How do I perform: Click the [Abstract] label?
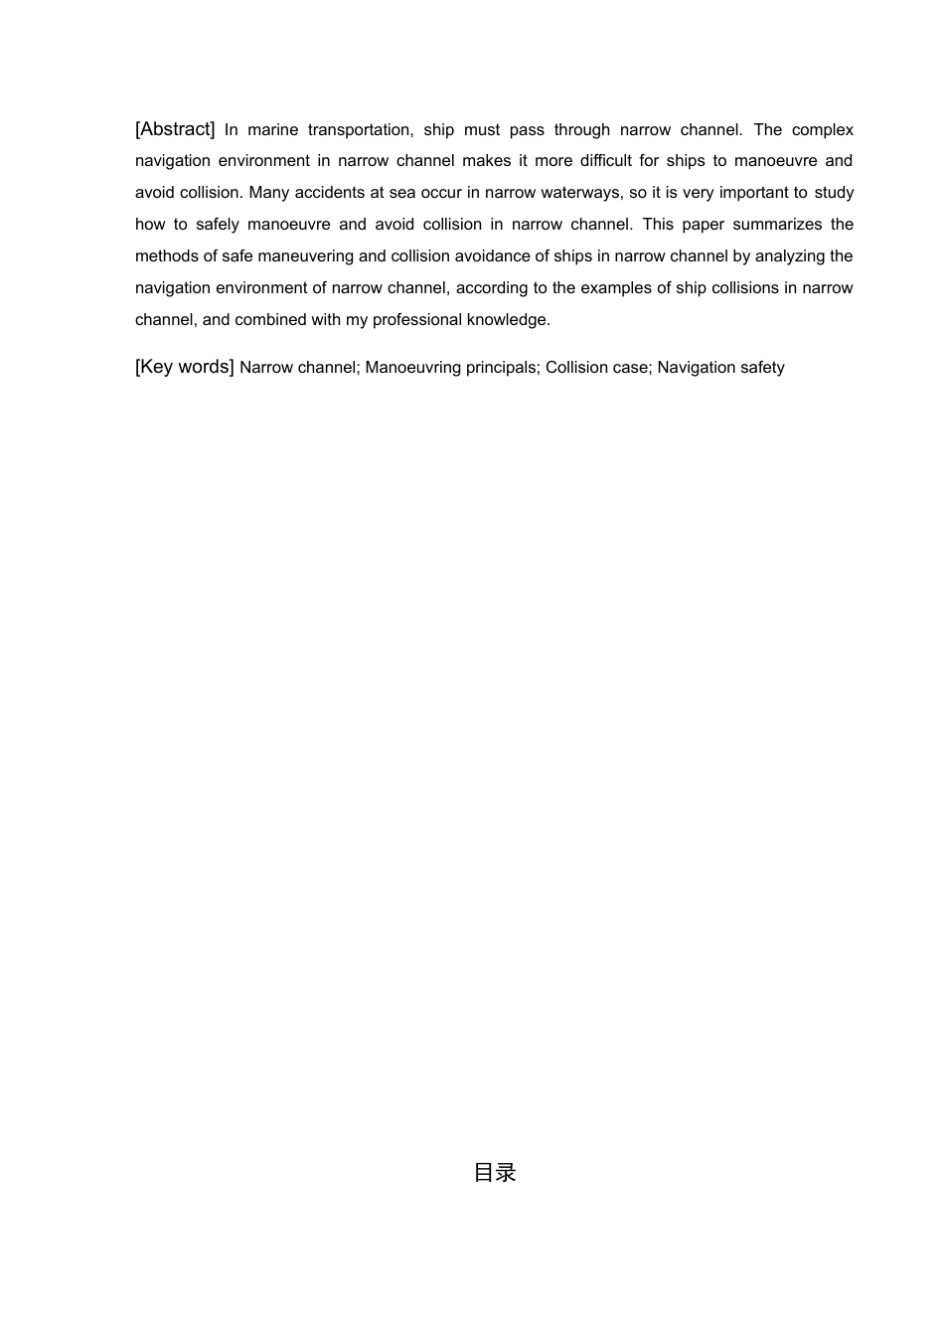click(175, 129)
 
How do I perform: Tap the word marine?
click(272, 130)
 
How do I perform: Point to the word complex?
click(823, 130)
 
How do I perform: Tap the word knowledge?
click(509, 320)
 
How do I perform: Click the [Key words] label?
click(184, 367)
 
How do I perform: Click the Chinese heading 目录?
click(494, 1173)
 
